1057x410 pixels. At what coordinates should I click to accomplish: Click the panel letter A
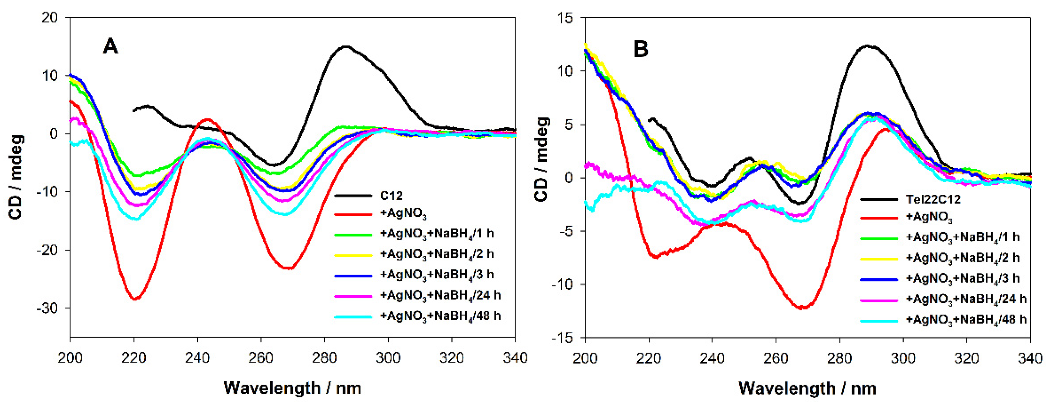pyautogui.click(x=110, y=46)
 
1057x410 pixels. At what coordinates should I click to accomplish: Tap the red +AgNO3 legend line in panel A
pyautogui.click(x=353, y=214)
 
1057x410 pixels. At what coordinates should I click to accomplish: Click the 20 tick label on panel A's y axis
pyautogui.click(x=50, y=18)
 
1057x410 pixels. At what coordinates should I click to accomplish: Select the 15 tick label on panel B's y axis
pyautogui.click(x=565, y=18)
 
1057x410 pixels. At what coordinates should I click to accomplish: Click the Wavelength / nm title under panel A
pyautogui.click(x=292, y=388)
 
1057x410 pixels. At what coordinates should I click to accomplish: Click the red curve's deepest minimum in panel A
pyautogui.click(x=134, y=299)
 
